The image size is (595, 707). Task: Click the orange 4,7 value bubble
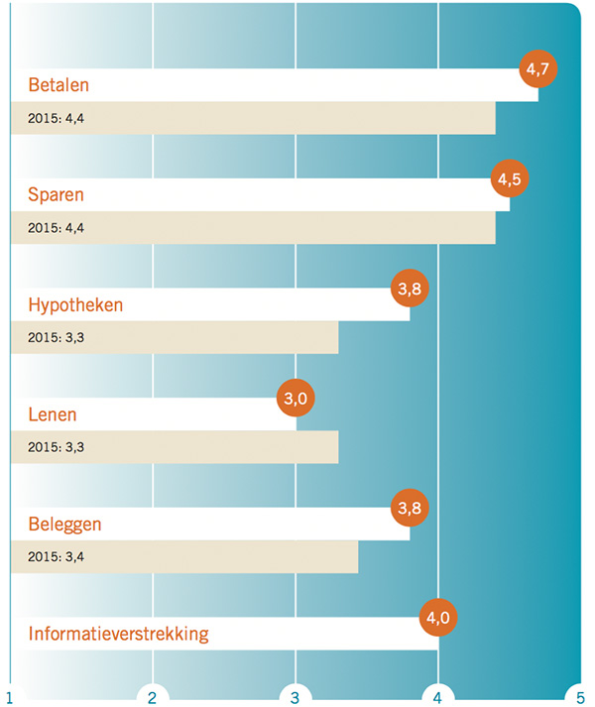pyautogui.click(x=538, y=69)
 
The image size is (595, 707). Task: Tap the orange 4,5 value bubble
pyautogui.click(x=511, y=179)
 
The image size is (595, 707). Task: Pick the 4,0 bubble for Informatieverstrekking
pyautogui.click(x=438, y=618)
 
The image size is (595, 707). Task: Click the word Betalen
pyautogui.click(x=59, y=85)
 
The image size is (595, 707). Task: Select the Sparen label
pyautogui.click(x=56, y=195)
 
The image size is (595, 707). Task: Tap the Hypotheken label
pyautogui.click(x=75, y=305)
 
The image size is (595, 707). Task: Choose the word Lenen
pyautogui.click(x=53, y=414)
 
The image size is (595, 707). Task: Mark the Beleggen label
pyautogui.click(x=64, y=525)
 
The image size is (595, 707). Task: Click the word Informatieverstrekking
pyautogui.click(x=118, y=634)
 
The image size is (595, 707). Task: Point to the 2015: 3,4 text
pyautogui.click(x=57, y=556)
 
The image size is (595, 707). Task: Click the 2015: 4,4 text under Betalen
pyautogui.click(x=57, y=118)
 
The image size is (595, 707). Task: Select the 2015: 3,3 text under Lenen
pyautogui.click(x=57, y=446)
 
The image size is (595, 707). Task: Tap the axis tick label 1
pyautogui.click(x=10, y=697)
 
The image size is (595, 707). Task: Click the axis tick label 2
pyautogui.click(x=153, y=697)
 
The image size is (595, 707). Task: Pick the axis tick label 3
pyautogui.click(x=296, y=697)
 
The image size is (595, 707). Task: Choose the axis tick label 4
pyautogui.click(x=437, y=697)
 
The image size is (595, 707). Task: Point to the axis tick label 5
pyautogui.click(x=580, y=697)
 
